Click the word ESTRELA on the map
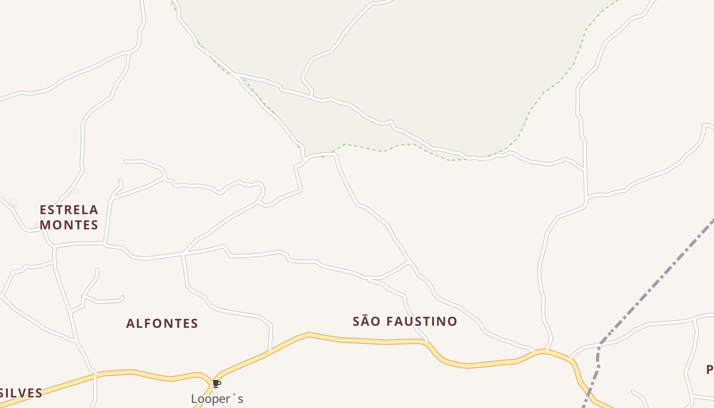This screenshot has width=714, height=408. (x=69, y=210)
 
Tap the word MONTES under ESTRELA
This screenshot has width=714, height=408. (x=69, y=224)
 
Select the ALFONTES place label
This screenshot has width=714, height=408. (x=162, y=323)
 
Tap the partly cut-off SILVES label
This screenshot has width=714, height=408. (x=21, y=393)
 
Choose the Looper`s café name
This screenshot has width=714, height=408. (x=217, y=399)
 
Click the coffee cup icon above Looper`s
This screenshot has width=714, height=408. (x=216, y=384)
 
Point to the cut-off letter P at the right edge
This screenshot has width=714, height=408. (x=710, y=369)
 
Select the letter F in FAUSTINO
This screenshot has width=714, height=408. (x=390, y=321)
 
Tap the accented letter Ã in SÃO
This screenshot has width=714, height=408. (x=367, y=321)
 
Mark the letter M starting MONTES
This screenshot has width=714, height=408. (x=45, y=224)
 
